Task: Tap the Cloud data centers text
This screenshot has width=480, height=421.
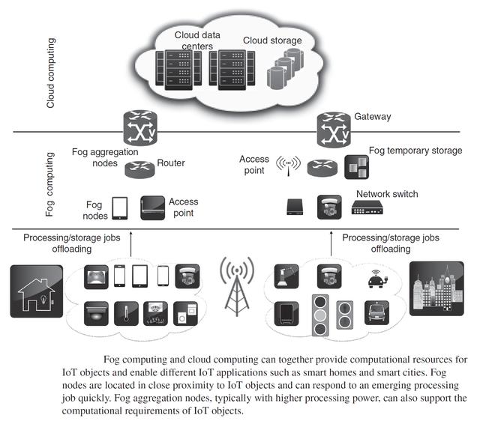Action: (194, 40)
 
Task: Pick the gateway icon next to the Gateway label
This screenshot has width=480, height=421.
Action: (331, 128)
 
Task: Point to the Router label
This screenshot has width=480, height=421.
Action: (171, 163)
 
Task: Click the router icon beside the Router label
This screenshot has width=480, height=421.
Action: (139, 169)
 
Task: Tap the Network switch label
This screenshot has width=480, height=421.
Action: (387, 194)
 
